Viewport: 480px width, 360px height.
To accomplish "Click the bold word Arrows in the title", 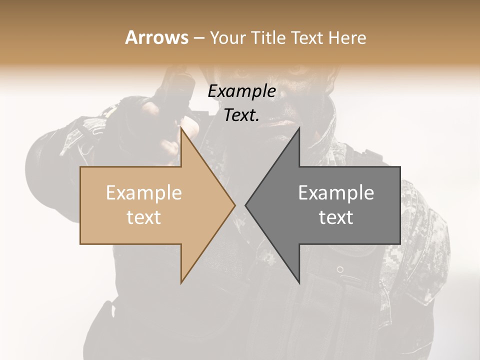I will point(156,37).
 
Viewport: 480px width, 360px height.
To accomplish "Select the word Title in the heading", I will point(270,37).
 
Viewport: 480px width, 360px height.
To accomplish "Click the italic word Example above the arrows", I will point(241,91).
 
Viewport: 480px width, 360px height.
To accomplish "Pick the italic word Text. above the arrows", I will point(241,115).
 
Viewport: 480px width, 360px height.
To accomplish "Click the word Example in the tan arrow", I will point(143,192).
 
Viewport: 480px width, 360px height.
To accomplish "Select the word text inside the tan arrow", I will point(143,217).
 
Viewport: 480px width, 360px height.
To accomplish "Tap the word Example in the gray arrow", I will point(336,192).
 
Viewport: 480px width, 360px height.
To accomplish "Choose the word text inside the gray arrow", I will point(336,217).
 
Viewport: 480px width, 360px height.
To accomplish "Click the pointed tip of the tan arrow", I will point(234,205).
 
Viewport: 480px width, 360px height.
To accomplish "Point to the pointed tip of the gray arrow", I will point(245,205).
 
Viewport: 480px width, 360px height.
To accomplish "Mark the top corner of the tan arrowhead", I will point(181,128).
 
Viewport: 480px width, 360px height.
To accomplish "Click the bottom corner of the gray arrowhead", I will point(299,283).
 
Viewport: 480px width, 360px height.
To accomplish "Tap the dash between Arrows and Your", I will point(198,38).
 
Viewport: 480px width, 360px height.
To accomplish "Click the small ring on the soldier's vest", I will point(340,269).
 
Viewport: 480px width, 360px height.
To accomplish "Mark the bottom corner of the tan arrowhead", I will point(181,283).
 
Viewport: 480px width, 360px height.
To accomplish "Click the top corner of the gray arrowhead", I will point(299,128).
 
